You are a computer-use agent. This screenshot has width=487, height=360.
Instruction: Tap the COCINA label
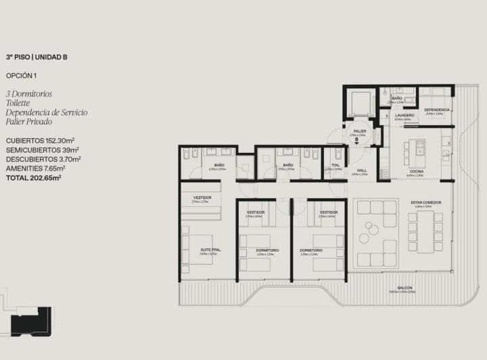coord(415,172)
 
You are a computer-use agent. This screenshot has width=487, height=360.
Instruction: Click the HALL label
coord(362,171)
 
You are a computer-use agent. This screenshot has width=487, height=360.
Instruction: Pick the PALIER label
coord(359,131)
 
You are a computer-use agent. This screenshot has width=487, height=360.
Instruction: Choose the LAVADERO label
coord(405,116)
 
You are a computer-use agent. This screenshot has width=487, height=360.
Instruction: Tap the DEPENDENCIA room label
coord(436,110)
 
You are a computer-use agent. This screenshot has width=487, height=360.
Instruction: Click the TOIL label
coord(334,165)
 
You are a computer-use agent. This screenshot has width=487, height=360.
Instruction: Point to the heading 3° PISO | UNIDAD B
coord(37,58)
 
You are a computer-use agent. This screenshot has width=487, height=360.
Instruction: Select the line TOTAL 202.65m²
coord(33,177)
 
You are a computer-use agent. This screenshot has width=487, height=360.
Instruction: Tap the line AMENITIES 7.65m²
coord(35,168)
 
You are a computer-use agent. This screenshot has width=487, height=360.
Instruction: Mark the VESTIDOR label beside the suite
coord(202,198)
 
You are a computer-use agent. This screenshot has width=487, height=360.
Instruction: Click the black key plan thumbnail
coord(34,319)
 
